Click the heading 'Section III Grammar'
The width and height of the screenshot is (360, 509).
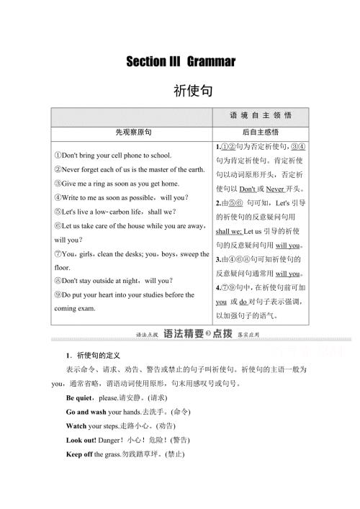click(181, 62)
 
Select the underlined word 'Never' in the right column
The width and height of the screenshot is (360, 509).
click(275, 189)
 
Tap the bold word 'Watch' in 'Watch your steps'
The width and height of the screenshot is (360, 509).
click(76, 425)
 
